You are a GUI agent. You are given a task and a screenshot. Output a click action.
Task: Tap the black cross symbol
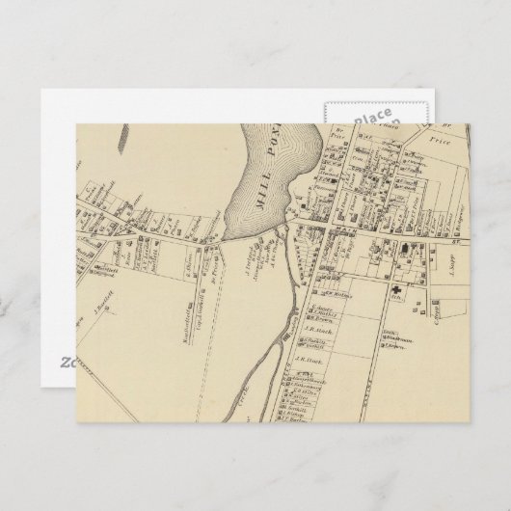click(395, 290)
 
